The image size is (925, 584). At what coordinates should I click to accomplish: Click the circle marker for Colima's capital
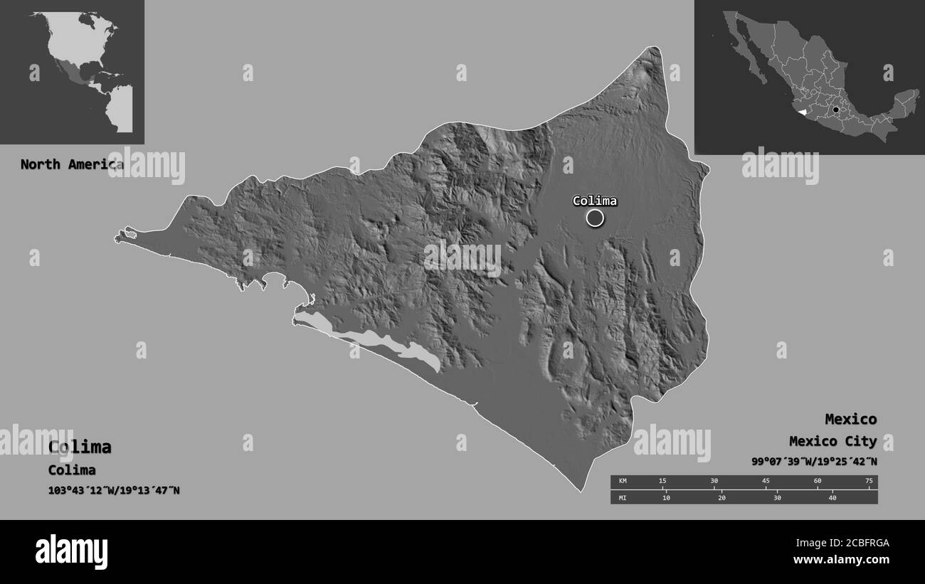[x=595, y=218]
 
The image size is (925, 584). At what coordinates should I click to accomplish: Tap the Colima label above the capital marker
[x=595, y=201]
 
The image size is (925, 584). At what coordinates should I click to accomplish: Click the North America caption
[x=71, y=164]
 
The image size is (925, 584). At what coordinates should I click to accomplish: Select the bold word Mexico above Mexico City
[x=850, y=419]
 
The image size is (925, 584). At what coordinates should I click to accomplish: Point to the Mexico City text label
[x=832, y=441]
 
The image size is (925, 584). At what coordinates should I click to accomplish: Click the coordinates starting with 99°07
[x=814, y=461]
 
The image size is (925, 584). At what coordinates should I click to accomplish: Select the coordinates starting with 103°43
[x=114, y=490]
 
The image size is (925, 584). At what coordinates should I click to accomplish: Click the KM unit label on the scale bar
[x=623, y=482]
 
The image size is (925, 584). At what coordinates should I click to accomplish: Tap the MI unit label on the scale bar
[x=623, y=497]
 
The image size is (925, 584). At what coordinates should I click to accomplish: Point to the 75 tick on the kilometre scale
[x=868, y=482]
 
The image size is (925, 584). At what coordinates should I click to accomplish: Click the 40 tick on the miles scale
[x=832, y=497]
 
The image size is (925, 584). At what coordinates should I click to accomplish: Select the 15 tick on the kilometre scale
[x=662, y=482]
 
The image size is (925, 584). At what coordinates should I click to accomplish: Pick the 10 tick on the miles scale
[x=666, y=497]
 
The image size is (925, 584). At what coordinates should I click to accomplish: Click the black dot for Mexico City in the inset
[x=836, y=110]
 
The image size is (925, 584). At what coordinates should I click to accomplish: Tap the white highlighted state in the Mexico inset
[x=803, y=112]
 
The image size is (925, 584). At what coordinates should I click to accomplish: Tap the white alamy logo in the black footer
[x=71, y=551]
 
